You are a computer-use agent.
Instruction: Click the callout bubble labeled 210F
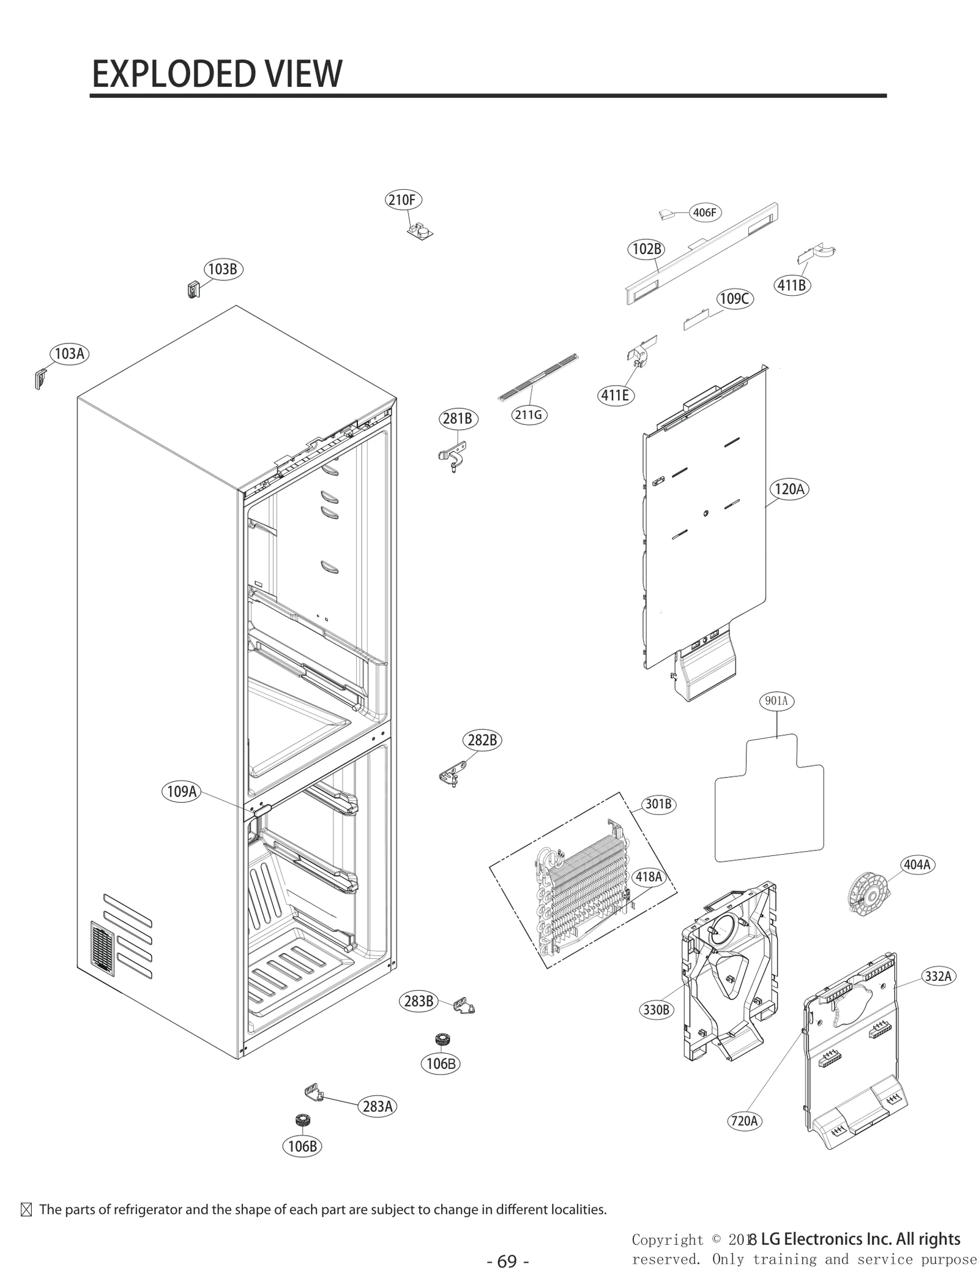pos(403,200)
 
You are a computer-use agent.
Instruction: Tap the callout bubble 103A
pos(69,353)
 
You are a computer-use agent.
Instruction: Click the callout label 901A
pos(776,700)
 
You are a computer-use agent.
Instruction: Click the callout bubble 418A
pos(649,877)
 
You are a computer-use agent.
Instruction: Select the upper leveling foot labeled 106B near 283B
pos(441,1039)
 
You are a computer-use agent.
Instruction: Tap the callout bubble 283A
pos(377,1106)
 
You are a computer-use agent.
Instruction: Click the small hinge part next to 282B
pos(450,777)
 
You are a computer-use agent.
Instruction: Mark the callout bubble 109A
pos(182,791)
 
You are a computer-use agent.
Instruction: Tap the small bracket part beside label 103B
pos(193,289)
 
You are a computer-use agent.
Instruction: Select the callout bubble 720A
pos(745,1120)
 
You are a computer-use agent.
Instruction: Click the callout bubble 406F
pos(704,212)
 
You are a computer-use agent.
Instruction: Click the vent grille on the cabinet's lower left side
pos(103,948)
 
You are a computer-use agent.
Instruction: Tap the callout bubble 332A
pos(938,976)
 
